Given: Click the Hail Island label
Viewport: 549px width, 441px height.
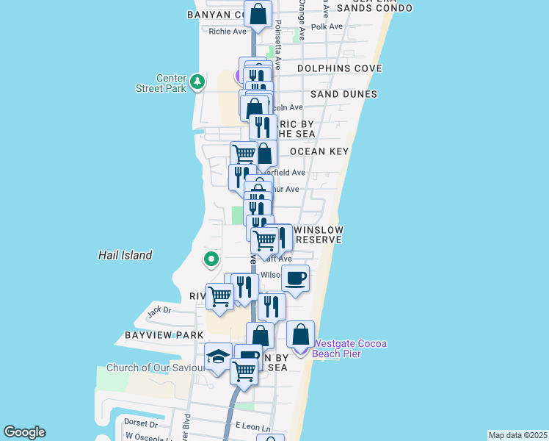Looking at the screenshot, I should tap(126, 255).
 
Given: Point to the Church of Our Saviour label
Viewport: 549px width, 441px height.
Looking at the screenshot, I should tap(150, 367).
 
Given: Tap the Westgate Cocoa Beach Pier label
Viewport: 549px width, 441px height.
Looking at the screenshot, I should tap(349, 348).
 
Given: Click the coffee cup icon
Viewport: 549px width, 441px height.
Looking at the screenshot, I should tap(295, 279).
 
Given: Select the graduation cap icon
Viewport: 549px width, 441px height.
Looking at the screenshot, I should tap(218, 356).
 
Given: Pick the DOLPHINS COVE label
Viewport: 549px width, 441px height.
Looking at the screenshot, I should tap(340, 68).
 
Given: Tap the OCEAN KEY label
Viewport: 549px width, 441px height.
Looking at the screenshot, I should tap(319, 151).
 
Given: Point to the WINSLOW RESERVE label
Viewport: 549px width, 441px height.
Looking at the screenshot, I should tap(319, 235).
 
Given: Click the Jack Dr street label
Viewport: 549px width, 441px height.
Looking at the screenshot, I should tap(159, 310).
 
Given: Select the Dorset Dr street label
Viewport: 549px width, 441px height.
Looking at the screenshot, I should tap(141, 423).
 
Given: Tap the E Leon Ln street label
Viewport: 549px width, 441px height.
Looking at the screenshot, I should tap(253, 427).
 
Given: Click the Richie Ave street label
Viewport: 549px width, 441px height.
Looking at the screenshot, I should tap(228, 32).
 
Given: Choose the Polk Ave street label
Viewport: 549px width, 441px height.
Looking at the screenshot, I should tap(327, 26).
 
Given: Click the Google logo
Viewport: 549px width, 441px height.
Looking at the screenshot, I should tap(24, 432).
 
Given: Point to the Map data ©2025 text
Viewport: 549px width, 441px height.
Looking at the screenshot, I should tap(517, 434).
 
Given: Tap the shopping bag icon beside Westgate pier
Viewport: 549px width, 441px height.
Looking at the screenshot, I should tap(300, 334).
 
